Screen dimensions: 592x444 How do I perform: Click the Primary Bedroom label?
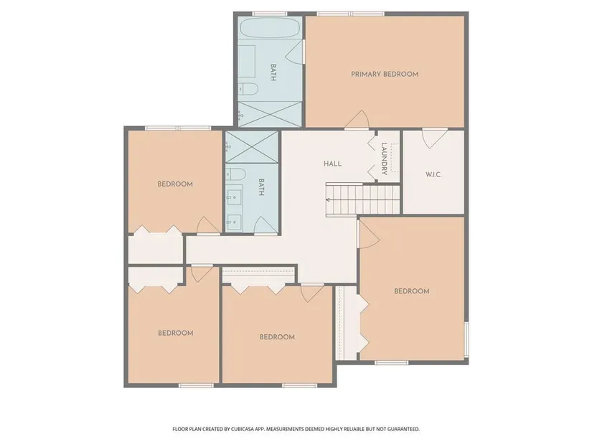click(x=385, y=74)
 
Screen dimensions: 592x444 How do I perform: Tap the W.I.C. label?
click(x=433, y=174)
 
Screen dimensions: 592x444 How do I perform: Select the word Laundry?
click(x=384, y=159)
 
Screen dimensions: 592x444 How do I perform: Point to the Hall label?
click(x=333, y=164)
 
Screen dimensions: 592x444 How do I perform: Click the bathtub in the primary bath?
click(x=270, y=27)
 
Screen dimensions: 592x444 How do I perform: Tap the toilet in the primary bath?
click(x=249, y=89)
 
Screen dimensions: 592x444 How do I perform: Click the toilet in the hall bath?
click(x=236, y=174)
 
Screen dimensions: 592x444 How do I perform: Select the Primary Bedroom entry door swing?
click(x=357, y=120)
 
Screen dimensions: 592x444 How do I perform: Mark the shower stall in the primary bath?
click(x=270, y=114)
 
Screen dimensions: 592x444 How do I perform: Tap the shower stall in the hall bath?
click(x=252, y=147)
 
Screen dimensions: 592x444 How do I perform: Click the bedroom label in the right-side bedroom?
click(x=412, y=291)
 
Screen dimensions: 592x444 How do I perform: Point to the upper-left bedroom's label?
click(x=175, y=184)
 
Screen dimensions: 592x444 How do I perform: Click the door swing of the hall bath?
click(x=266, y=225)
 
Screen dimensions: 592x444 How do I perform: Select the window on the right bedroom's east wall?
click(x=466, y=339)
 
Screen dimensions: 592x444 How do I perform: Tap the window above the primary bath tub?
click(x=270, y=14)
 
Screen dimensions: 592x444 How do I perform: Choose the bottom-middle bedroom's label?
click(x=277, y=337)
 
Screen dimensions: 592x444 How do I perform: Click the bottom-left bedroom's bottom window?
click(x=196, y=385)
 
